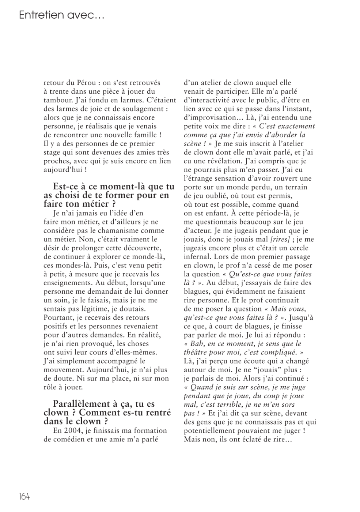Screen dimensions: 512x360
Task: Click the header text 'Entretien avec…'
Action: coord(61,15)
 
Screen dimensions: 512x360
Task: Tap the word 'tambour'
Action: coord(57,100)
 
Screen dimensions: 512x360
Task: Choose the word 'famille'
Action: coord(142,135)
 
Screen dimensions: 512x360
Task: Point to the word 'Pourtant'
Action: coord(58,318)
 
